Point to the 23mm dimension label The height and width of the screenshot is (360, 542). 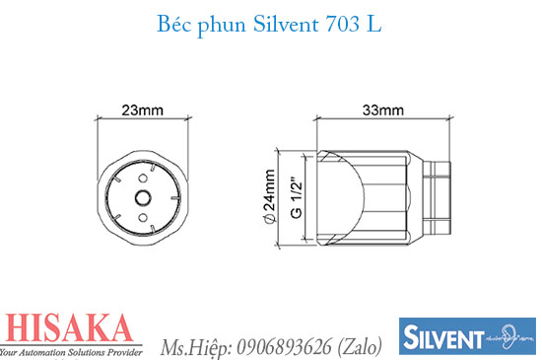click(142, 109)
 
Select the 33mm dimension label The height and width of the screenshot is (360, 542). click(383, 109)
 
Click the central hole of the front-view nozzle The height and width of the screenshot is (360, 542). click(142, 197)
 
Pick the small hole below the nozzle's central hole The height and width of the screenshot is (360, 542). click(142, 214)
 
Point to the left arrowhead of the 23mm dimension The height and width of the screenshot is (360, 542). click(102, 120)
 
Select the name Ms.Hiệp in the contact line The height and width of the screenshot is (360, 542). click(193, 347)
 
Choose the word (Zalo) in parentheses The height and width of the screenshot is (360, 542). click(360, 347)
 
